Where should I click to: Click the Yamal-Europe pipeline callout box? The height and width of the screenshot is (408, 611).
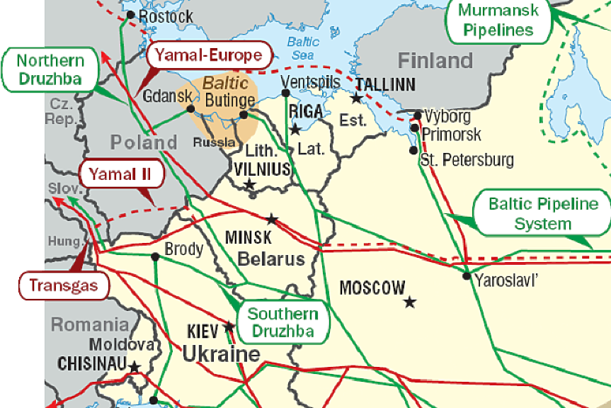(x=209, y=55)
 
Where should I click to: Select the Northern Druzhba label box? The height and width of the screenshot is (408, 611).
(x=50, y=69)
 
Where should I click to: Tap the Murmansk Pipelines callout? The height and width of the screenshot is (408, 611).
(x=496, y=20)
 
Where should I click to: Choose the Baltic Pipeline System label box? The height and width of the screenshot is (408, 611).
(x=543, y=213)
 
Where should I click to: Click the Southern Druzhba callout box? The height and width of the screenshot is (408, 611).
(x=283, y=322)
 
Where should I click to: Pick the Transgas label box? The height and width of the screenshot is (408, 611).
(x=64, y=285)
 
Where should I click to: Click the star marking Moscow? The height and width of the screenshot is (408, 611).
(x=410, y=302)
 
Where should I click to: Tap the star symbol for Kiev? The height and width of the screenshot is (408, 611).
(x=229, y=327)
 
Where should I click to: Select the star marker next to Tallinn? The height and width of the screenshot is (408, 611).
(x=358, y=98)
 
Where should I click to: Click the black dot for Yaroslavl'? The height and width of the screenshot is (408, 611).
(x=467, y=276)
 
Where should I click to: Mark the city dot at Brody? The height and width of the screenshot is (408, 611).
(x=156, y=256)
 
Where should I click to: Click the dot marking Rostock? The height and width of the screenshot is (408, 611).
(x=130, y=15)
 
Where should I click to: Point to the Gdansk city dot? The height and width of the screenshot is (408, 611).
(x=190, y=109)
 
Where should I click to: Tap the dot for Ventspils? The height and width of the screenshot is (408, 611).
(x=285, y=93)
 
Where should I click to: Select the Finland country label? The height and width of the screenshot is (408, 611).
(x=435, y=60)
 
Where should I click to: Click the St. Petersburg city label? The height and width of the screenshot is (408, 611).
(x=467, y=159)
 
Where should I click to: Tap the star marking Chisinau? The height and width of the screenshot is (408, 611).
(x=134, y=367)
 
